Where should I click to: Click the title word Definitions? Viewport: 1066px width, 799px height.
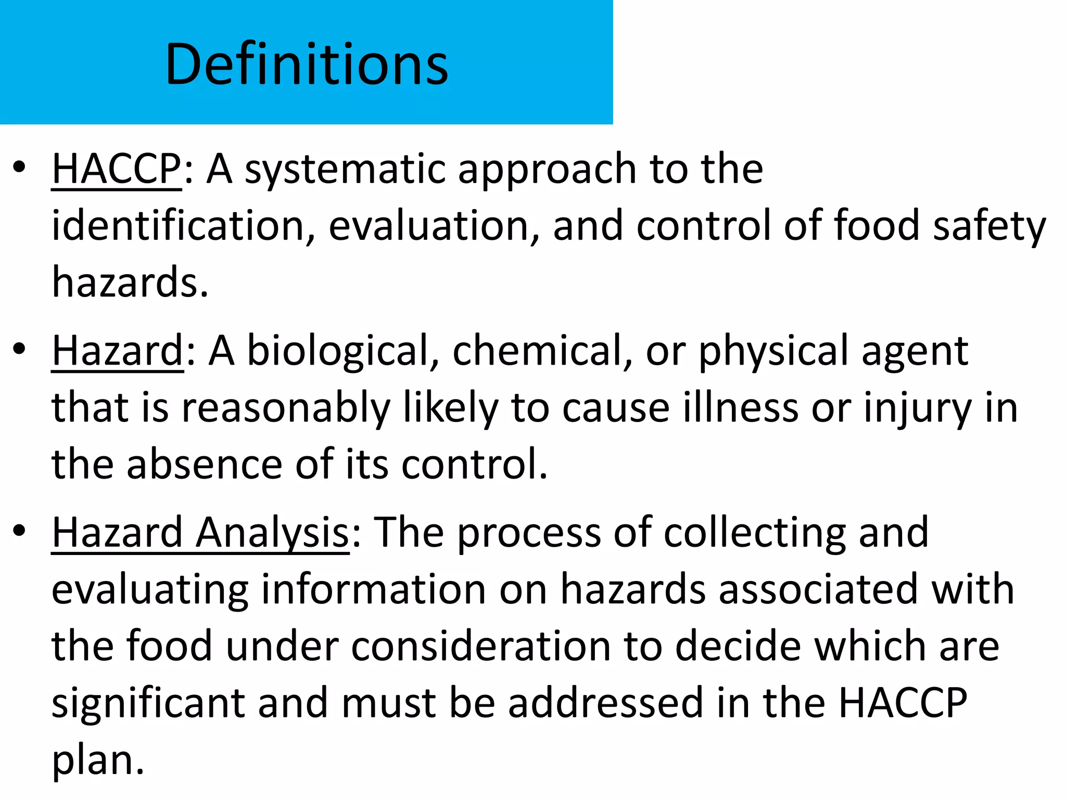[307, 65]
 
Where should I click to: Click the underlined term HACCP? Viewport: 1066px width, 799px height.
[117, 169]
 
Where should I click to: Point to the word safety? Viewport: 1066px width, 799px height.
[989, 227]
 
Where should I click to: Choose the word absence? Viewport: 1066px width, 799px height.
[205, 464]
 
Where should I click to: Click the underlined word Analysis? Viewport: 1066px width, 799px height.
[272, 533]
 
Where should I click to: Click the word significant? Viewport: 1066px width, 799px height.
[148, 703]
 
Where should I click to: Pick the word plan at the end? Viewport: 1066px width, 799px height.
[98, 761]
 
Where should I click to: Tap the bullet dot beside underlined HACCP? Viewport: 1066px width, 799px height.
[20, 168]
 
